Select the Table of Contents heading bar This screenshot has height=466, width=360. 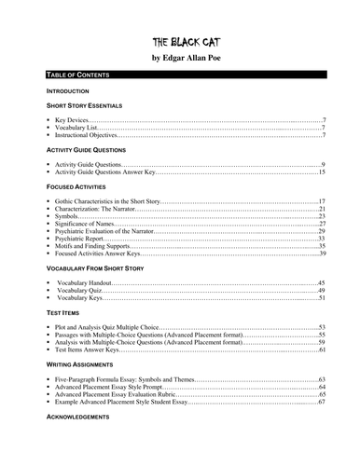[x=179, y=74]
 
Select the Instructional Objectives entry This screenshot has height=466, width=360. [x=88, y=136]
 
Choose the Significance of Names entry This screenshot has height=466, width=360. [x=85, y=224]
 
